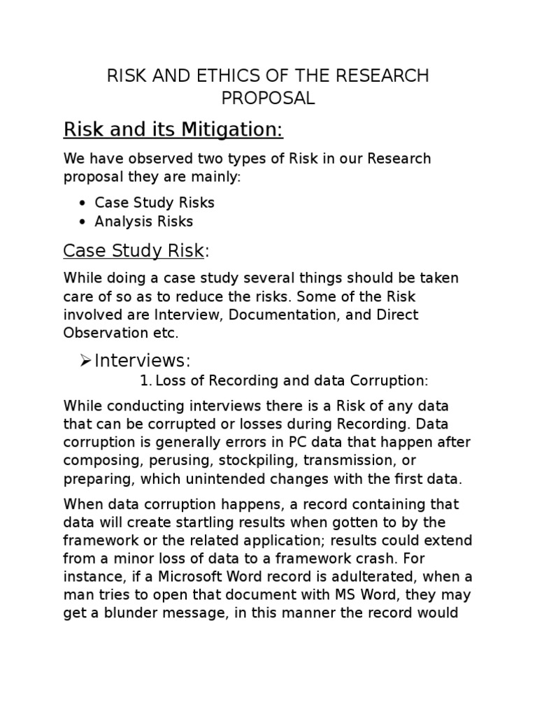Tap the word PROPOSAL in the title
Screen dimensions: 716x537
tap(268, 99)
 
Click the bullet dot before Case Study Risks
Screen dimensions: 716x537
tap(83, 203)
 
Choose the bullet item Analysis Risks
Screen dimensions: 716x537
tap(144, 222)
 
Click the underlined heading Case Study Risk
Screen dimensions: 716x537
tap(134, 250)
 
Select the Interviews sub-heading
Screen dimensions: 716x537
tap(142, 360)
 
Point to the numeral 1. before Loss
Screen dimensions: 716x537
tap(145, 380)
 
